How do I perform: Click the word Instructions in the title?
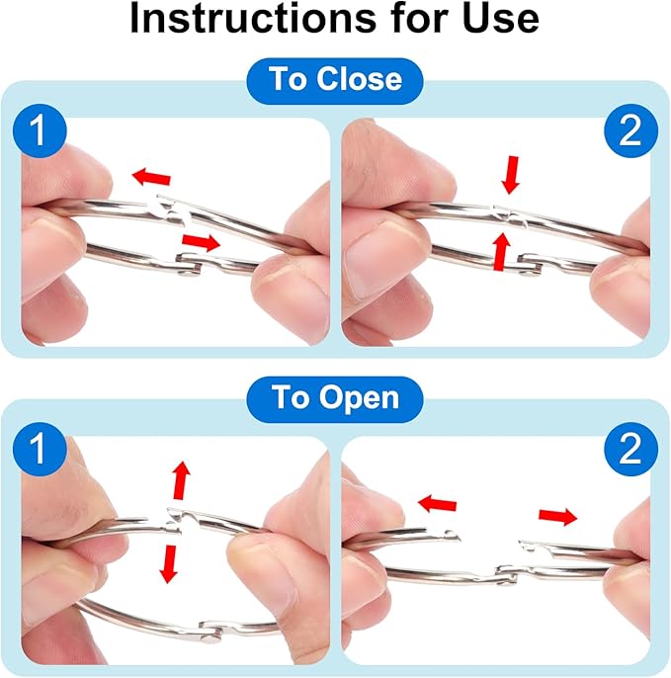pos(253,18)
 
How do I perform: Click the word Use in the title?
pos(501,18)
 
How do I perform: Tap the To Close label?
pos(335,80)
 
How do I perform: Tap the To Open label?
pos(335,398)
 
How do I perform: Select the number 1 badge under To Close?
pos(40,130)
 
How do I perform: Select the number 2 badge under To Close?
pos(630,130)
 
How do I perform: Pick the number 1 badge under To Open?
pos(40,449)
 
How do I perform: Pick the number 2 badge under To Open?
pos(630,449)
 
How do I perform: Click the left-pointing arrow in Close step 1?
pos(151,177)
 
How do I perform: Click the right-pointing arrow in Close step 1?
pos(201,242)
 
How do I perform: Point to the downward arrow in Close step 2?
pos(511,175)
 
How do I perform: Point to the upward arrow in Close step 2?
pos(502,251)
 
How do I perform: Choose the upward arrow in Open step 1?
pos(182,480)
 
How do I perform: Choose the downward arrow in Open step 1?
pos(169,564)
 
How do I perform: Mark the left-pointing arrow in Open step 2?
pos(438,504)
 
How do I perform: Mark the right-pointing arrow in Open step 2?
pos(557,516)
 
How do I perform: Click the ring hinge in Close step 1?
pos(190,265)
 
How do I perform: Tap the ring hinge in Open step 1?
pos(211,632)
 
